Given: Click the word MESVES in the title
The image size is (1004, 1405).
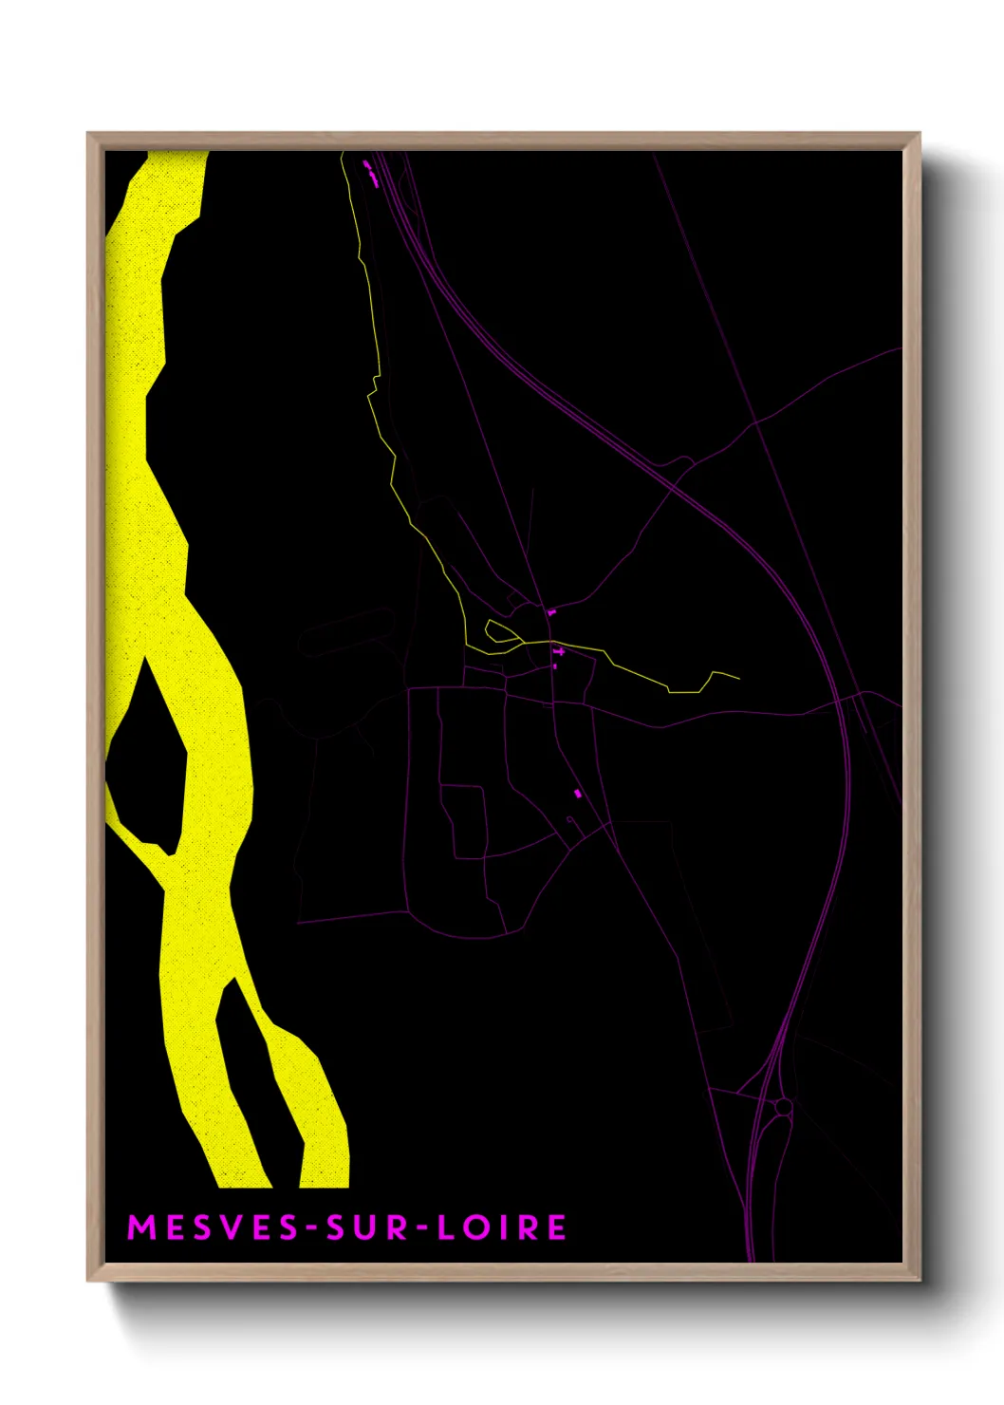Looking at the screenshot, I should coord(214,1227).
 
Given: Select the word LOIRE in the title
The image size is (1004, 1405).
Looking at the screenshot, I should coord(502,1227).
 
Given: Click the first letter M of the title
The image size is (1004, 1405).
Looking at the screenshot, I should coord(140,1227).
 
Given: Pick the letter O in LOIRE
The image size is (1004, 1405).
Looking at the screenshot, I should coord(474,1227).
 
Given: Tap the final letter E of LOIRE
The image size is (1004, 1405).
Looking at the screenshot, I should coord(557,1227).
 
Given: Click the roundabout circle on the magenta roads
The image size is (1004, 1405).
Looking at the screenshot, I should coord(783,1107).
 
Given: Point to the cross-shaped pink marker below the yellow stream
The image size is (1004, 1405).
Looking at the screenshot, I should coord(559,652).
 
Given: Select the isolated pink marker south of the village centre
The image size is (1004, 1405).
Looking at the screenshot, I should coord(577,793).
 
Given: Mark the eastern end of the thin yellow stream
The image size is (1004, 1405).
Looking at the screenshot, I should coord(737,679).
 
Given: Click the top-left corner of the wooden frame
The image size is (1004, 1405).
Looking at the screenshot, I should coord(88,135).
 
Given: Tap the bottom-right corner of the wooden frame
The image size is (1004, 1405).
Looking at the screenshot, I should coord(919,1279).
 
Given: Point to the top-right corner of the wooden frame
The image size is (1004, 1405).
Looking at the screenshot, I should coord(919,135).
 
